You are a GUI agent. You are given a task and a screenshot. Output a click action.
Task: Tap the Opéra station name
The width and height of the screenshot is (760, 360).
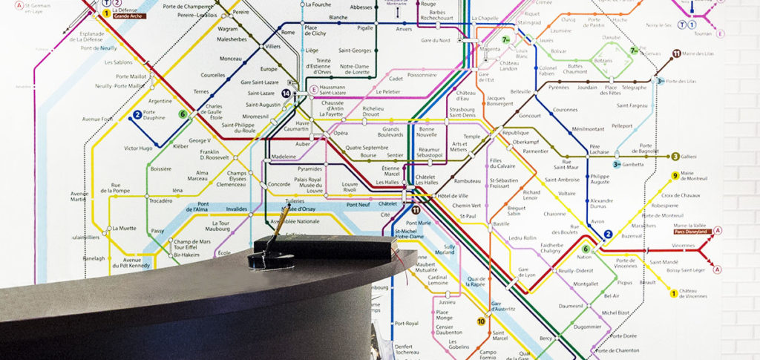point(341,133)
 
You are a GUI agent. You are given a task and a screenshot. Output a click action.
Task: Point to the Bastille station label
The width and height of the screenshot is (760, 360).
point(502,223)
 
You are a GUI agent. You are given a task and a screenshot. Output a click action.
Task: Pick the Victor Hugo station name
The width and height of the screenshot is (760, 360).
point(138,148)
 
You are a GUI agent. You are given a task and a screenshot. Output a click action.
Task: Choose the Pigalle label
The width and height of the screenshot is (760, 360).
point(344,27)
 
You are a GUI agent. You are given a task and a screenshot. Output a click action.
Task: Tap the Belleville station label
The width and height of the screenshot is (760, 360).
point(520,91)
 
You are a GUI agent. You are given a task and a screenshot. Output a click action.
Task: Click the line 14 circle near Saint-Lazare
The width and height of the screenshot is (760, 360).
point(286,93)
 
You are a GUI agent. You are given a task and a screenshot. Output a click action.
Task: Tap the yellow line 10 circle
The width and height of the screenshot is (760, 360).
point(481,321)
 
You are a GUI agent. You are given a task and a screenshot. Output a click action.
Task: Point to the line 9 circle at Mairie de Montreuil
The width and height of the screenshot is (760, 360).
point(675,176)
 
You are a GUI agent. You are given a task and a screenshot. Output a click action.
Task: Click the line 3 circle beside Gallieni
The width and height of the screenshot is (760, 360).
point(675,157)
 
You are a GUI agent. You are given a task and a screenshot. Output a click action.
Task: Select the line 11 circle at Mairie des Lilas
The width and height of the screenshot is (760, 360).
point(676,53)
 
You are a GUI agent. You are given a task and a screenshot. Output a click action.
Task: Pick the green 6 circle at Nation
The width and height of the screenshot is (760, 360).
point(586,249)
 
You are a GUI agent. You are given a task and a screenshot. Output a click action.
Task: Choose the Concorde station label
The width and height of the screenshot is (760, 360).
point(279,184)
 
